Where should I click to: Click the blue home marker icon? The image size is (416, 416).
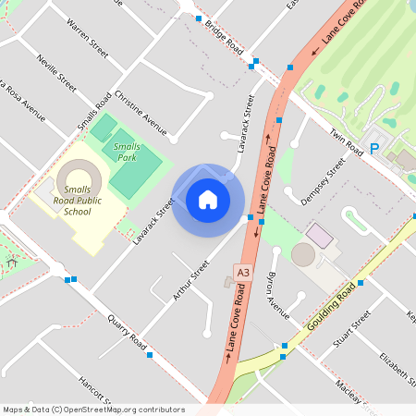(x=208, y=199)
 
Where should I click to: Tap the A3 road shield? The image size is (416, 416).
(x=243, y=273)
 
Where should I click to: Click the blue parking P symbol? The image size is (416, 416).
(x=374, y=148)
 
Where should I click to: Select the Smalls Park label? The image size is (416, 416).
(x=127, y=152)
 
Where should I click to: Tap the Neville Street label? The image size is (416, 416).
(x=56, y=73)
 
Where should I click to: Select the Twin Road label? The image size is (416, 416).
(x=349, y=136)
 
